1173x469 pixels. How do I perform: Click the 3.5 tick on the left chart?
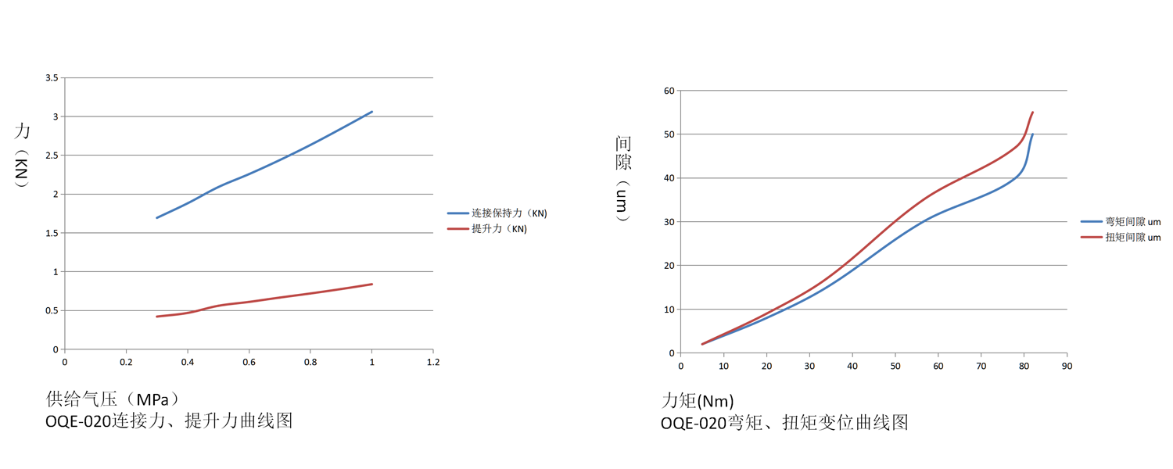pyautogui.click(x=52, y=78)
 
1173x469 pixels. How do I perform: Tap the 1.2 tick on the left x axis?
pyautogui.click(x=432, y=363)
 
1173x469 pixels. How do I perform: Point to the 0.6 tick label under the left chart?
pyautogui.click(x=248, y=363)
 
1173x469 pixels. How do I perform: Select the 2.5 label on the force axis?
pyautogui.click(x=52, y=156)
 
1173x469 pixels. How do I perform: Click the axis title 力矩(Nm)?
pyautogui.click(x=698, y=402)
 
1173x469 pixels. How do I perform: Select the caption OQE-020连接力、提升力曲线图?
pyautogui.click(x=169, y=421)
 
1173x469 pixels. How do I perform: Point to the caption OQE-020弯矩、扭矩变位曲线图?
pyautogui.click(x=784, y=423)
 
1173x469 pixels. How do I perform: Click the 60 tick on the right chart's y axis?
pyautogui.click(x=669, y=91)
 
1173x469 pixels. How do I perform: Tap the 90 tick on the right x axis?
pyautogui.click(x=1067, y=366)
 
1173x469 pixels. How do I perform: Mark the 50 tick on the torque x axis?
pyautogui.click(x=895, y=366)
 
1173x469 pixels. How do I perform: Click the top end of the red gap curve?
pyautogui.click(x=1032, y=113)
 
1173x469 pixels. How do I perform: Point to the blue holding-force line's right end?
pyautogui.click(x=371, y=112)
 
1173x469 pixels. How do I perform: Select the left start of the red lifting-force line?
pyautogui.click(x=157, y=317)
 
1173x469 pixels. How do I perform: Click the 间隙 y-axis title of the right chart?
pyautogui.click(x=623, y=153)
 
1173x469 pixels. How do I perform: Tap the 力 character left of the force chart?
pyautogui.click(x=22, y=131)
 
